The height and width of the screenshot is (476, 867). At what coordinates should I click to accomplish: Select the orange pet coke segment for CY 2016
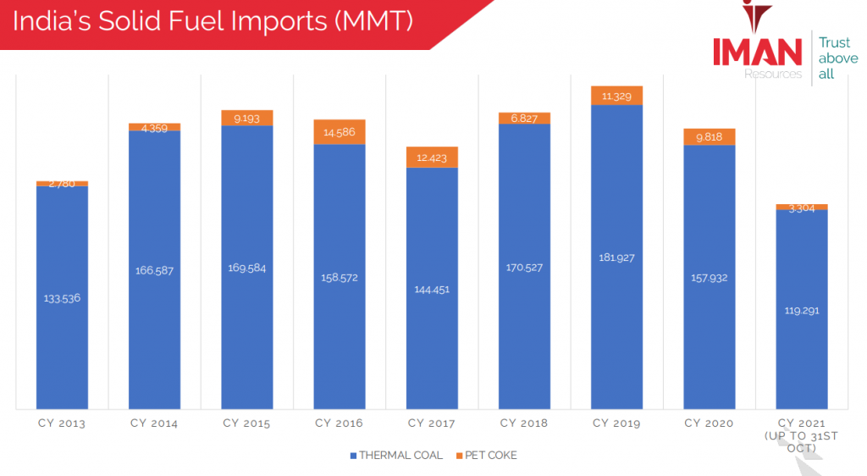click(340, 132)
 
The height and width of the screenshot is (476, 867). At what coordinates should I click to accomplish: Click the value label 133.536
click(63, 298)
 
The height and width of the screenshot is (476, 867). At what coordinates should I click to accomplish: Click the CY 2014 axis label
click(154, 423)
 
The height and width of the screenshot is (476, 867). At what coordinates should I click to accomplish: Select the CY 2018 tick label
click(524, 423)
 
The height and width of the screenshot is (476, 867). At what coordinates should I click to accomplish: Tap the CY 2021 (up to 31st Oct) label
click(801, 434)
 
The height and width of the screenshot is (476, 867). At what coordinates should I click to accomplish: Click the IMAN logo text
click(756, 53)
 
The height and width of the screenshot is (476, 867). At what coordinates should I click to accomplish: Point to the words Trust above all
click(836, 58)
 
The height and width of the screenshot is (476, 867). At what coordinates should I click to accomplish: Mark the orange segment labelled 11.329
click(616, 96)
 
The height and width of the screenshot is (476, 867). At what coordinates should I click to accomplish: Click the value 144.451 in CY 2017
click(432, 289)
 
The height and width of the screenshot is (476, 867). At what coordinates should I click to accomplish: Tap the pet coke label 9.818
click(709, 137)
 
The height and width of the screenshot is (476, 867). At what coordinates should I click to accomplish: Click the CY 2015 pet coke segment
click(247, 118)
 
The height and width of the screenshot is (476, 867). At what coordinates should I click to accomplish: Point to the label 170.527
click(524, 267)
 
